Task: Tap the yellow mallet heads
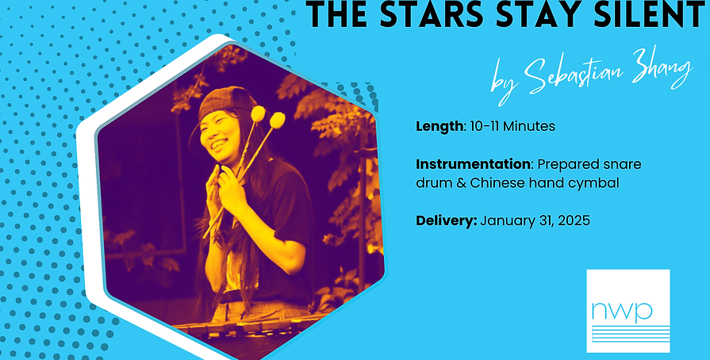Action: pos(267,117)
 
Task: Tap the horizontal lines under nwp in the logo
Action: pos(627,333)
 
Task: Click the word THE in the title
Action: pos(334,15)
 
